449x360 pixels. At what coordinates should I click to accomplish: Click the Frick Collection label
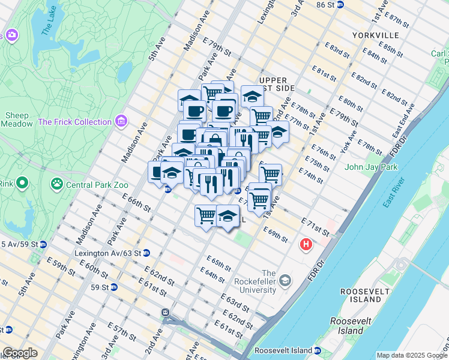coord(74,122)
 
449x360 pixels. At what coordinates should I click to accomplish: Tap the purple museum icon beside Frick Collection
coord(122,122)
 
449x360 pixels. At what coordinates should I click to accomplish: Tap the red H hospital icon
coord(306,245)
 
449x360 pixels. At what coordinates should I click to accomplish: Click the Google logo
coord(21,353)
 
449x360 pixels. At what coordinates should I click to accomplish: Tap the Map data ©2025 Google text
coord(411,355)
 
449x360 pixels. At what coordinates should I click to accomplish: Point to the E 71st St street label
coord(316,228)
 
